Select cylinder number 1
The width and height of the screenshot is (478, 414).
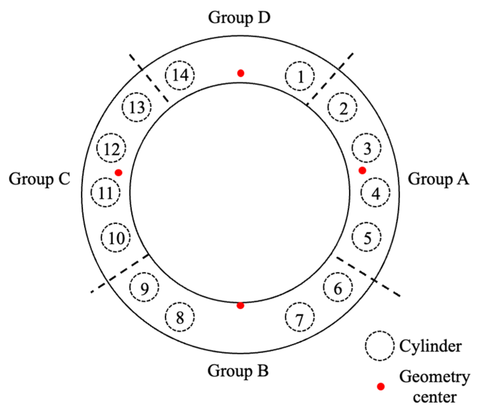coord(300,76)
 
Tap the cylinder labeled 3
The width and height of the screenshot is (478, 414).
coord(366,148)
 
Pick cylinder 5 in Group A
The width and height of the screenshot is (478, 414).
coord(366,237)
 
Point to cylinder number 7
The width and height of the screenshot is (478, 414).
coord(299,317)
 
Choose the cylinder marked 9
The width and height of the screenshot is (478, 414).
coord(144,287)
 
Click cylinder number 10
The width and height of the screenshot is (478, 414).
coord(116,237)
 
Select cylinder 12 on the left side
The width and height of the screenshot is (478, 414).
coord(111,148)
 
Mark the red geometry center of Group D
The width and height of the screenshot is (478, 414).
coord(241,73)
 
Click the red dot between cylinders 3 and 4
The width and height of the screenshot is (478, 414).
coord(362,170)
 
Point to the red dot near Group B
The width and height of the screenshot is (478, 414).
coord(240,305)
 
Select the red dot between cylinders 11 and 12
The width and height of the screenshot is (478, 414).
coord(119,173)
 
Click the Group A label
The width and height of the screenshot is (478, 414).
coord(438,179)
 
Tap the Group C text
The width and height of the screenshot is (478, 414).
coord(39,179)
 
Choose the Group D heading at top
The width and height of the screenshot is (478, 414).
coord(239,17)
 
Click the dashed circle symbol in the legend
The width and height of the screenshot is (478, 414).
coord(379,346)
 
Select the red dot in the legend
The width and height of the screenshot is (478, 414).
coord(381,386)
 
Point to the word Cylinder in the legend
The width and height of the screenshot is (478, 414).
coord(430,346)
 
